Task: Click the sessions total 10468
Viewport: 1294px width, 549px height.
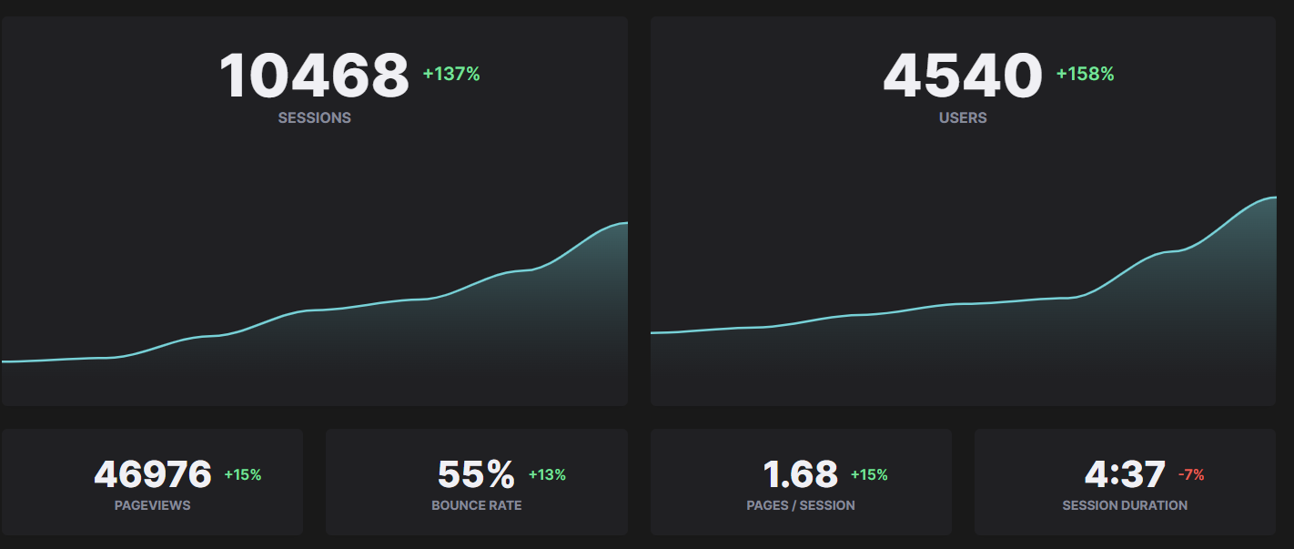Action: (314, 76)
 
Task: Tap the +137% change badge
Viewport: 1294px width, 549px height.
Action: (451, 75)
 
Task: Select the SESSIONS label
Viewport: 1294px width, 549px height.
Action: (314, 117)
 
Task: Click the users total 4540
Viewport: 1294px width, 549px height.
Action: (962, 76)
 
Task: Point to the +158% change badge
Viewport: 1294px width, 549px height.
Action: (1085, 75)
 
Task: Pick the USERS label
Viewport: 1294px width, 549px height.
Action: (963, 117)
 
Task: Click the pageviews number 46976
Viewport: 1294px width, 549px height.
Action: (153, 474)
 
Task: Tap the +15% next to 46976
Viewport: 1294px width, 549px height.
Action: (243, 474)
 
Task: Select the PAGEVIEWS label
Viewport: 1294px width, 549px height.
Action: (153, 505)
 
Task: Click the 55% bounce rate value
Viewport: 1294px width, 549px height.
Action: (476, 474)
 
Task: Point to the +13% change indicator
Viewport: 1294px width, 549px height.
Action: (547, 474)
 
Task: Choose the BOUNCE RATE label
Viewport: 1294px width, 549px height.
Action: (477, 505)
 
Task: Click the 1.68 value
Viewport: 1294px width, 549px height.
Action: (800, 474)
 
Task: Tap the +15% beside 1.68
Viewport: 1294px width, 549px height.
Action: (869, 474)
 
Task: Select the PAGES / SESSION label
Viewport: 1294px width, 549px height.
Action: (801, 505)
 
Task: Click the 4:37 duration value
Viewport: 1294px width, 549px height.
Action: (1125, 474)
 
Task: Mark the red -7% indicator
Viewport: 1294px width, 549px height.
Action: (1191, 474)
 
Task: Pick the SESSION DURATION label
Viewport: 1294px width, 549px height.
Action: (1125, 505)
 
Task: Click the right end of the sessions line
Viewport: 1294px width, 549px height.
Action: (625, 223)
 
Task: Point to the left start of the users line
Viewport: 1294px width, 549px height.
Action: (653, 332)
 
